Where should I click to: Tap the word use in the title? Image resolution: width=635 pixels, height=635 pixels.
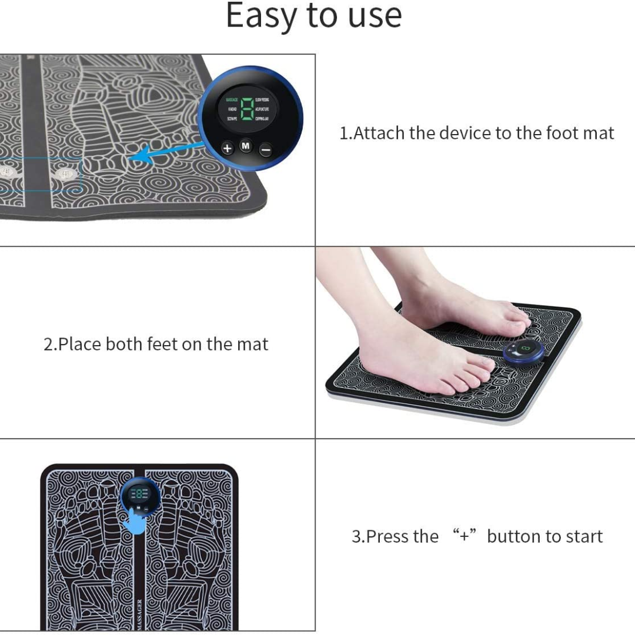[375, 16]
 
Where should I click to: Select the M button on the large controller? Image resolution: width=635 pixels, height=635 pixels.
[246, 145]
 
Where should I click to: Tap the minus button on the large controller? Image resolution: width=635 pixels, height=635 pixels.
[266, 150]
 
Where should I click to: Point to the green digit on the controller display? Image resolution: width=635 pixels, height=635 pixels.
[247, 109]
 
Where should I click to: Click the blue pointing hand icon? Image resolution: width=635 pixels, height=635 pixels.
[137, 521]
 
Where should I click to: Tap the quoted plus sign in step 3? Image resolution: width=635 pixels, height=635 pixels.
[464, 536]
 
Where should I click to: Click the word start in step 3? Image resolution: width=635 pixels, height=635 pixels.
[582, 536]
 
